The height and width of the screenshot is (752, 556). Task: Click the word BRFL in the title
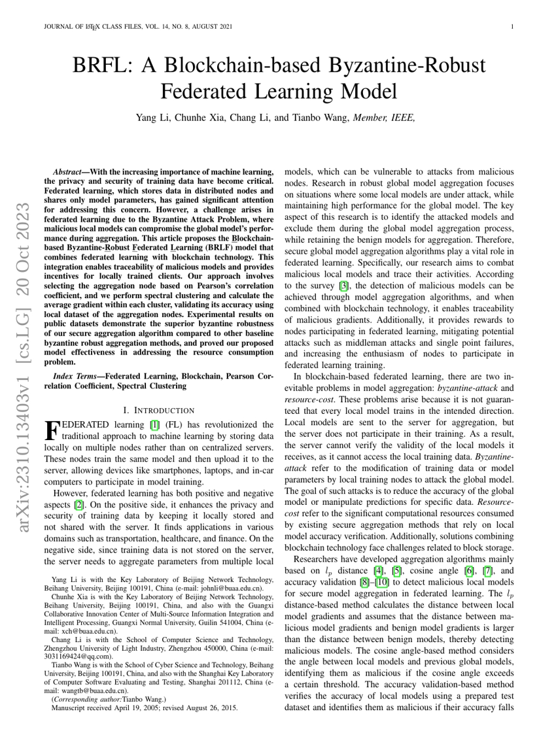pos(108,66)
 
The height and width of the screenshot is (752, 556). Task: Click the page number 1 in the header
pos(512,27)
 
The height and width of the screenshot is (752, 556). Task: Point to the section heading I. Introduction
pos(159,410)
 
